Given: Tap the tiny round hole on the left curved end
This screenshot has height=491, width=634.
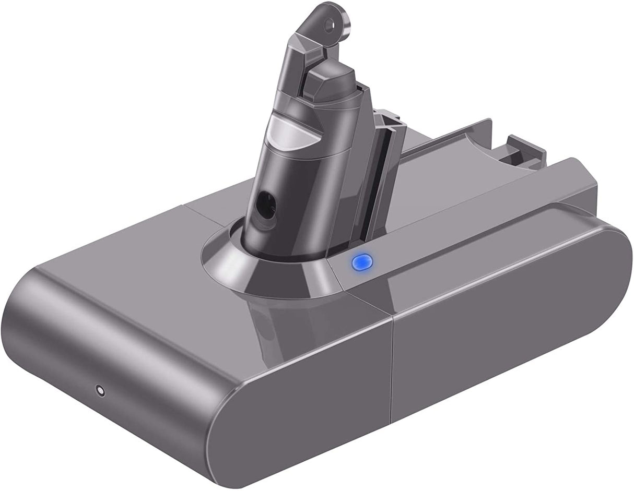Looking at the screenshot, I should pos(99,389).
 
